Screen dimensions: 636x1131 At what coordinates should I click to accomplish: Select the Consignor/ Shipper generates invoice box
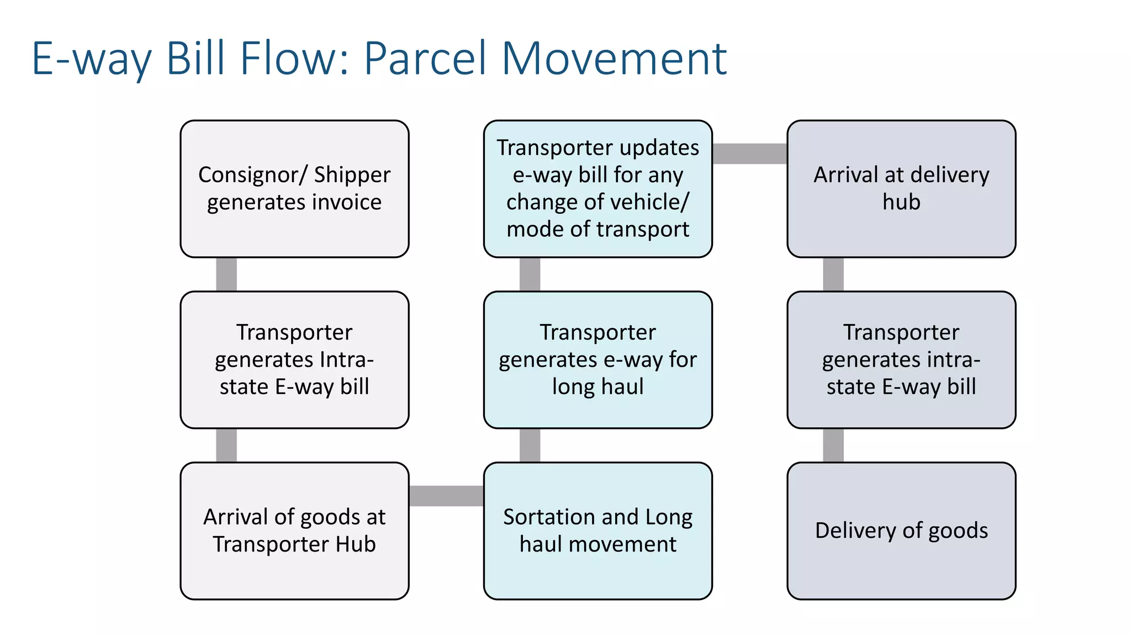pos(294,189)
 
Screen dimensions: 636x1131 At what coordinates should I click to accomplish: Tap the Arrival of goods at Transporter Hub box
pos(294,531)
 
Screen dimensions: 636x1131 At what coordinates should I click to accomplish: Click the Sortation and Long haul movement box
pos(598,531)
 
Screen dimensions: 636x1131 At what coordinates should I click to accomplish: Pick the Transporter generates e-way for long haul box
pos(598,359)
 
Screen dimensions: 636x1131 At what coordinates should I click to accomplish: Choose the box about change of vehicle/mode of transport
pos(598,189)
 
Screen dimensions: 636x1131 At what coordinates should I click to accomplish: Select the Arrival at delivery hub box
pos(901,189)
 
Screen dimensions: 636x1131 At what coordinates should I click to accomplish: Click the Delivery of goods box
pos(901,531)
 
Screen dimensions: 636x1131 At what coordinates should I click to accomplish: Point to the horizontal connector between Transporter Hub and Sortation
pos(446,496)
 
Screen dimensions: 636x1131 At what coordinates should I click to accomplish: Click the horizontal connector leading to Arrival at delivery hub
pos(749,153)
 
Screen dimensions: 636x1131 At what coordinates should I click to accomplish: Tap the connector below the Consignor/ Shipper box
pos(226,274)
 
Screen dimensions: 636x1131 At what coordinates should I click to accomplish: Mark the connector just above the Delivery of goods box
pos(833,446)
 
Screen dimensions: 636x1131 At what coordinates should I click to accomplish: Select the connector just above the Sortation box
pos(530,446)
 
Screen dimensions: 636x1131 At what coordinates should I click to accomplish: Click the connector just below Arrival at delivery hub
pos(833,274)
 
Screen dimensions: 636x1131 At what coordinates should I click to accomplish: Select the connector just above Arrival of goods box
pos(226,446)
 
